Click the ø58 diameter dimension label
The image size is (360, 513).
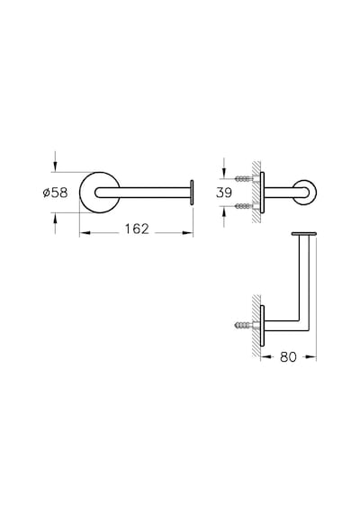[x=55, y=193]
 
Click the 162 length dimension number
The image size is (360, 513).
[x=137, y=229]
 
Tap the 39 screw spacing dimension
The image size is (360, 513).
[x=224, y=193]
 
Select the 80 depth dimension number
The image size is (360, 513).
[x=288, y=356]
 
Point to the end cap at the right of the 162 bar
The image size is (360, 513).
[x=192, y=193]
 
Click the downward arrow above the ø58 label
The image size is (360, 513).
[x=55, y=161]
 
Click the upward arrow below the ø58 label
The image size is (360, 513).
[x=55, y=223]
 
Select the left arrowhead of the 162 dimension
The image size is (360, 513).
[x=85, y=232]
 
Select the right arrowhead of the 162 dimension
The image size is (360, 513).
[x=187, y=232]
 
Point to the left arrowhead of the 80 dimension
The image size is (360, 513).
[x=266, y=356]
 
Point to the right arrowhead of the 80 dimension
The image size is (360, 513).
[x=310, y=356]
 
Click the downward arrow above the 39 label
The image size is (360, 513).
[x=224, y=168]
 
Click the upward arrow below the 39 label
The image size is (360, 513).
[x=224, y=217]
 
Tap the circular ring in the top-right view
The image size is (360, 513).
[x=314, y=193]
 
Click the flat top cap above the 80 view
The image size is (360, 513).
[x=304, y=234]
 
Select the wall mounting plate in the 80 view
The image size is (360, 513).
[x=262, y=325]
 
